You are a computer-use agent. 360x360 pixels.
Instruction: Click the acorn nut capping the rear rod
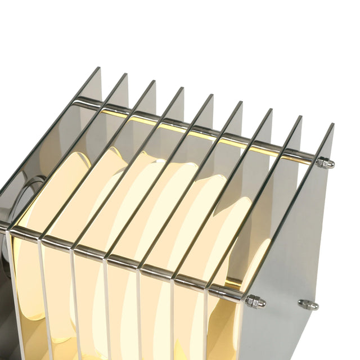click(x=325, y=163)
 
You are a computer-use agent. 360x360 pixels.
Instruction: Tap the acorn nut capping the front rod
click(x=255, y=302)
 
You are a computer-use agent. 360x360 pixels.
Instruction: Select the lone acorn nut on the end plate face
click(x=308, y=304)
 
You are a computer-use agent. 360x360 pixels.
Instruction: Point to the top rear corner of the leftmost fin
click(x=100, y=68)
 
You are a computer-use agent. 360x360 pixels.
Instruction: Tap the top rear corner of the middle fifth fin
click(x=213, y=95)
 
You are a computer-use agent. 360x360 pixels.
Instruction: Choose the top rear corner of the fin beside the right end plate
click(x=301, y=117)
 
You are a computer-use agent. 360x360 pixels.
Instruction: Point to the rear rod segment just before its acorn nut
click(x=304, y=157)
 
